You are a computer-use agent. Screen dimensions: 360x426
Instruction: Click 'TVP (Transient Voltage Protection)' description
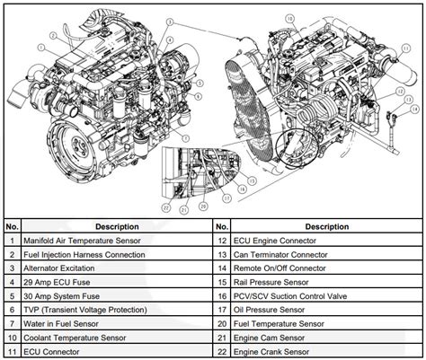click(80, 308)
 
